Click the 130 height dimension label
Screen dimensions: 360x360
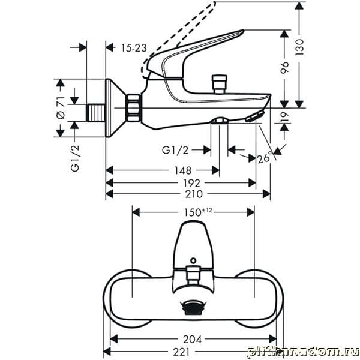point(299,47)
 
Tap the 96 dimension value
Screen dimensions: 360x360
point(284,67)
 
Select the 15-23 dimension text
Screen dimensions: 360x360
point(134,48)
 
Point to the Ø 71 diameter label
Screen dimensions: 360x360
point(61,107)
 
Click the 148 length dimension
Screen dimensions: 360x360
point(183,170)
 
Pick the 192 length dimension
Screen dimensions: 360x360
point(192,183)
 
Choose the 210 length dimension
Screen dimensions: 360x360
point(194,194)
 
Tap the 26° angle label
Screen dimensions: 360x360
point(265,158)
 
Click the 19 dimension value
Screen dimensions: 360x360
point(284,117)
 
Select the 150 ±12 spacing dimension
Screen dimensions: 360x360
point(198,212)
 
